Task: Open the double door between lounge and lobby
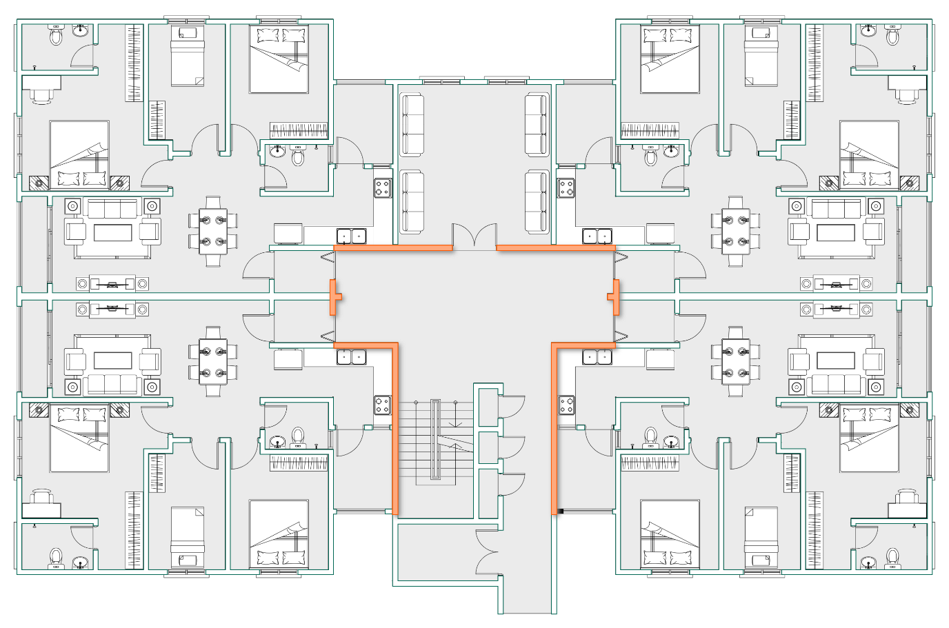coord(474,236)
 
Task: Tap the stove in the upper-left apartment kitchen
coord(383,188)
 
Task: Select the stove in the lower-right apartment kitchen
coord(566,405)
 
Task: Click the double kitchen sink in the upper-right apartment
coord(597,236)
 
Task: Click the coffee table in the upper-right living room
coord(835,232)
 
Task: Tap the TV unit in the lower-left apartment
coord(112,310)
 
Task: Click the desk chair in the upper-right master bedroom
coord(910,95)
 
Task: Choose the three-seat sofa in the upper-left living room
coord(112,209)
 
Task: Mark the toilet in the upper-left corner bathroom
coord(56,36)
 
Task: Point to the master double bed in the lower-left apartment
coord(79,438)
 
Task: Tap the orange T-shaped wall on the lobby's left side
coord(334,297)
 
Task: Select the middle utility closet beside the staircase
coord(488,447)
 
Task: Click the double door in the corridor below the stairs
coord(488,551)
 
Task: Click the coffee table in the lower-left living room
coord(112,361)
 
